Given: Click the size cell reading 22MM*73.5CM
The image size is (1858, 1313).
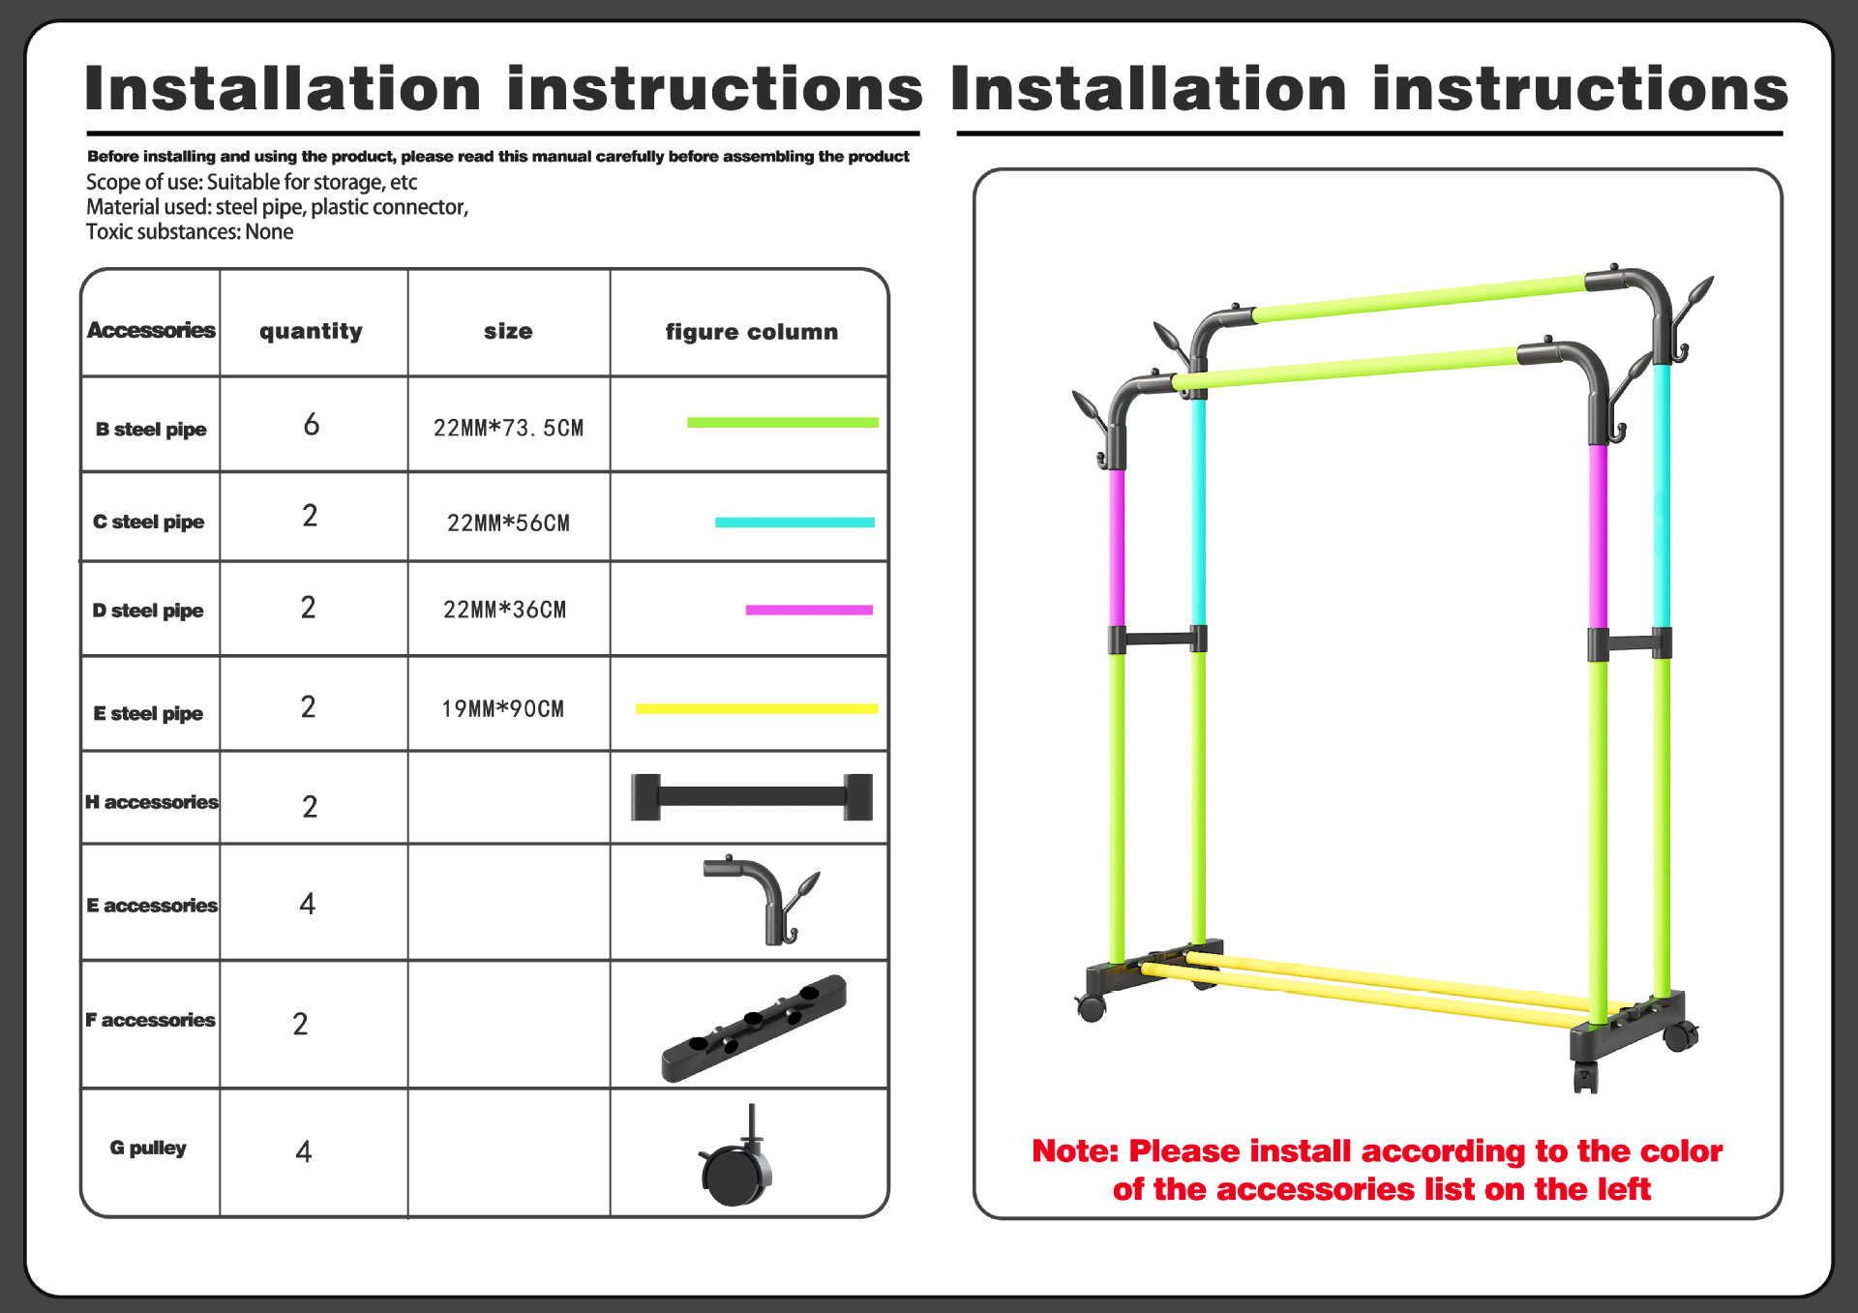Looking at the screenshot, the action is [508, 428].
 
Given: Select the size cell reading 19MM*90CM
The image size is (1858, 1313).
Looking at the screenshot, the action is [502, 709].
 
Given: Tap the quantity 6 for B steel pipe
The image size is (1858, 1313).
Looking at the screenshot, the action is [311, 425].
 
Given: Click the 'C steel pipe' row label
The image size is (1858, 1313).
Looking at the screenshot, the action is [149, 522].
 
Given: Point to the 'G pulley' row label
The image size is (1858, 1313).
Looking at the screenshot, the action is [148, 1148].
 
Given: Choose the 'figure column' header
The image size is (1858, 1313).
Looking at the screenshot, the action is [751, 332].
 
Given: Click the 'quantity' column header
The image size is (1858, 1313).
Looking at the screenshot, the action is [311, 331].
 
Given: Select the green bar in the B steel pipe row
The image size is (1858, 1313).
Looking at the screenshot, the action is [782, 423].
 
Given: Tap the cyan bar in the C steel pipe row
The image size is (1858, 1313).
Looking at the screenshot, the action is [794, 522].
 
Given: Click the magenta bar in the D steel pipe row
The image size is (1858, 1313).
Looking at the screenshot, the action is [809, 611].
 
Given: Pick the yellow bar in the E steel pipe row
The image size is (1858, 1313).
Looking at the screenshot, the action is [756, 709].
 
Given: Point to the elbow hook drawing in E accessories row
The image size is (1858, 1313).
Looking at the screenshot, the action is [761, 899].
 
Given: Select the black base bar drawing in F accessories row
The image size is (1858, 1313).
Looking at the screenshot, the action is [753, 1029].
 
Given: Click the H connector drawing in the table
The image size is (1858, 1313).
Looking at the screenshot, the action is [751, 797].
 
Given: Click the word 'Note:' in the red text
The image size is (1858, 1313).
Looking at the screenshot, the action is [1074, 1151].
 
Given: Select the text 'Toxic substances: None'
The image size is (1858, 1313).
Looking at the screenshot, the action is [190, 232].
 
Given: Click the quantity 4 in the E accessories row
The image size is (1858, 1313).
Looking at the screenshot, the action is [308, 905].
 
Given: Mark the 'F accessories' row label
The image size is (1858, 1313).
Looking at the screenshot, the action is [151, 1021].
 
